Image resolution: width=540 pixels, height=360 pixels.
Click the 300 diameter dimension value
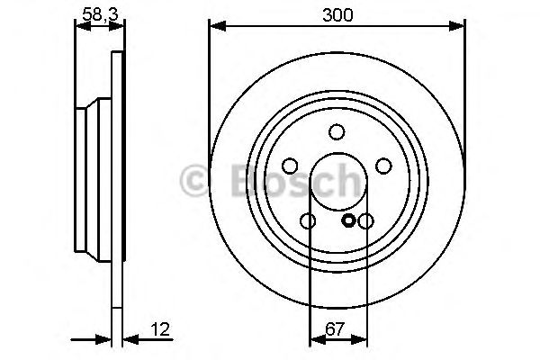pyautogui.click(x=337, y=15)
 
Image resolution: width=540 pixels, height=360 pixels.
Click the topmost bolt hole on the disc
pyautogui.click(x=337, y=132)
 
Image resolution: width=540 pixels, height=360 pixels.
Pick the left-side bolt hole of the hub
pyautogui.click(x=290, y=166)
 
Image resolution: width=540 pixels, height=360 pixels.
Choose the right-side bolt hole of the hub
pyautogui.click(x=383, y=166)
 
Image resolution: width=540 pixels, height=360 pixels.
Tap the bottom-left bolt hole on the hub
pyautogui.click(x=308, y=221)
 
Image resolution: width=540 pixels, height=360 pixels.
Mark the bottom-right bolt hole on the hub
pyautogui.click(x=365, y=221)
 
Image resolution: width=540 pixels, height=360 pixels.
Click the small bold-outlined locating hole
pyautogui.click(x=349, y=220)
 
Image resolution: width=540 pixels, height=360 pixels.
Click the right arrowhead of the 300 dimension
pyautogui.click(x=459, y=26)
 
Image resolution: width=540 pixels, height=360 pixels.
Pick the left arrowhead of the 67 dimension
pyautogui.click(x=314, y=340)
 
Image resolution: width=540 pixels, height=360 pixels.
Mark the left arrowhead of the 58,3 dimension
pyautogui.click(x=78, y=26)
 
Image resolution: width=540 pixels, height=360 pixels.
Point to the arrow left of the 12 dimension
pyautogui.click(x=103, y=340)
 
